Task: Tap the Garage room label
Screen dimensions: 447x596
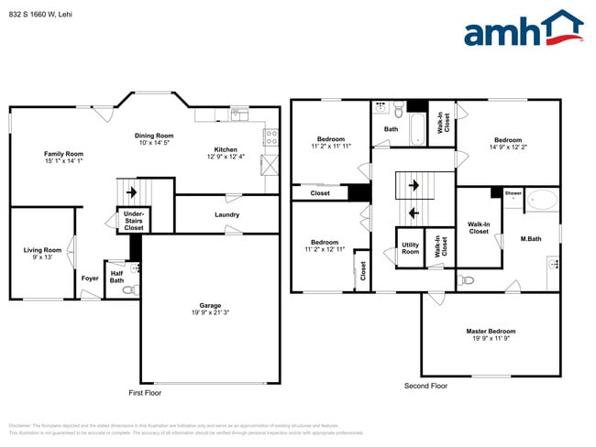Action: point(210,306)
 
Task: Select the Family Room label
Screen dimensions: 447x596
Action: point(64,154)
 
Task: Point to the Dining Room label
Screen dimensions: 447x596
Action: point(155,136)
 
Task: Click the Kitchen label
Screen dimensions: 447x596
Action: point(226,149)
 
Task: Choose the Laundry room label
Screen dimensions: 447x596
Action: point(227,215)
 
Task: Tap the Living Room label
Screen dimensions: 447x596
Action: point(42,250)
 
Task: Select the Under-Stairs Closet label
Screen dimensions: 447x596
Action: point(134,221)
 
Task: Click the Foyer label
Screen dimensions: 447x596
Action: point(90,278)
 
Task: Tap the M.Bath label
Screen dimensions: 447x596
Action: point(530,239)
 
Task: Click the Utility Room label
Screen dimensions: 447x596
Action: point(410,248)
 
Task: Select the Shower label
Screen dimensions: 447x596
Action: point(513,193)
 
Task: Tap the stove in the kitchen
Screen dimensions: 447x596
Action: point(271,138)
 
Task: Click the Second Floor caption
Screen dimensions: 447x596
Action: point(426,386)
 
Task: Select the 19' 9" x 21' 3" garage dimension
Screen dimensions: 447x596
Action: point(210,313)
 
